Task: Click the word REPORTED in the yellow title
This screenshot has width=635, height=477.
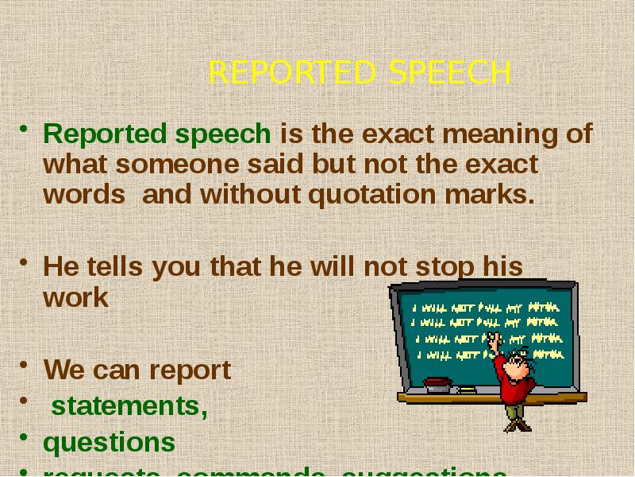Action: pos(291,73)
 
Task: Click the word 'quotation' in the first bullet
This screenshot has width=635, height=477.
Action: pos(375,195)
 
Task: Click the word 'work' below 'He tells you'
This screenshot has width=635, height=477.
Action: pos(75,297)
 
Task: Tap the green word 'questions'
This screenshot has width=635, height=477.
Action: pos(110,442)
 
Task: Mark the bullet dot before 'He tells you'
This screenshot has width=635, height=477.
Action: pos(25,262)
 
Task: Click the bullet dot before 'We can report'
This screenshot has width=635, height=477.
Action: pos(25,366)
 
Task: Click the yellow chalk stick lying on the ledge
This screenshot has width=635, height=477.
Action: pos(468,390)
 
